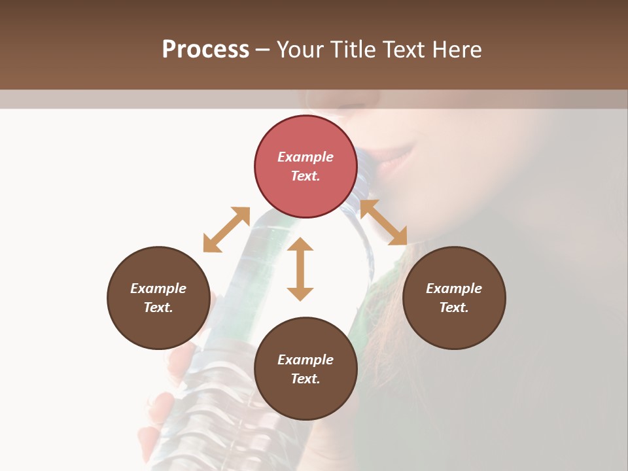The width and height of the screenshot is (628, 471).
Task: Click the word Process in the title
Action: click(x=205, y=50)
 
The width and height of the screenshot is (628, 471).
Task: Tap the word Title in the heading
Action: click(x=353, y=50)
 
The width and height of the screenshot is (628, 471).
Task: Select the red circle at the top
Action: click(x=305, y=166)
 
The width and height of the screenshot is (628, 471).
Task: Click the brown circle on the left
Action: click(x=158, y=298)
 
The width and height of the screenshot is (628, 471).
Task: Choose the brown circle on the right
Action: click(x=454, y=298)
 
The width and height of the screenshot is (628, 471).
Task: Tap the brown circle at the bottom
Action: click(x=305, y=369)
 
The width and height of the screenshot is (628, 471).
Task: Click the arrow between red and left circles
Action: click(x=226, y=230)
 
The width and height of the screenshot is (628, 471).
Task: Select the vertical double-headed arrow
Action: click(x=300, y=269)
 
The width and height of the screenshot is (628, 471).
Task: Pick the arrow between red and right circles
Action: click(x=383, y=222)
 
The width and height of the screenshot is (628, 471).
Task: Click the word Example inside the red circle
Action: click(x=305, y=157)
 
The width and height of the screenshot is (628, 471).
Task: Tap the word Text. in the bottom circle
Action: click(x=305, y=379)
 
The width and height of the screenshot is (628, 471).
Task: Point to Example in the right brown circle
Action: click(x=454, y=288)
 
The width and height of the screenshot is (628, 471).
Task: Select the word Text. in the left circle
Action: click(x=158, y=307)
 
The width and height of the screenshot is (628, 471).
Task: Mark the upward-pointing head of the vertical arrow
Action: click(x=300, y=245)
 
